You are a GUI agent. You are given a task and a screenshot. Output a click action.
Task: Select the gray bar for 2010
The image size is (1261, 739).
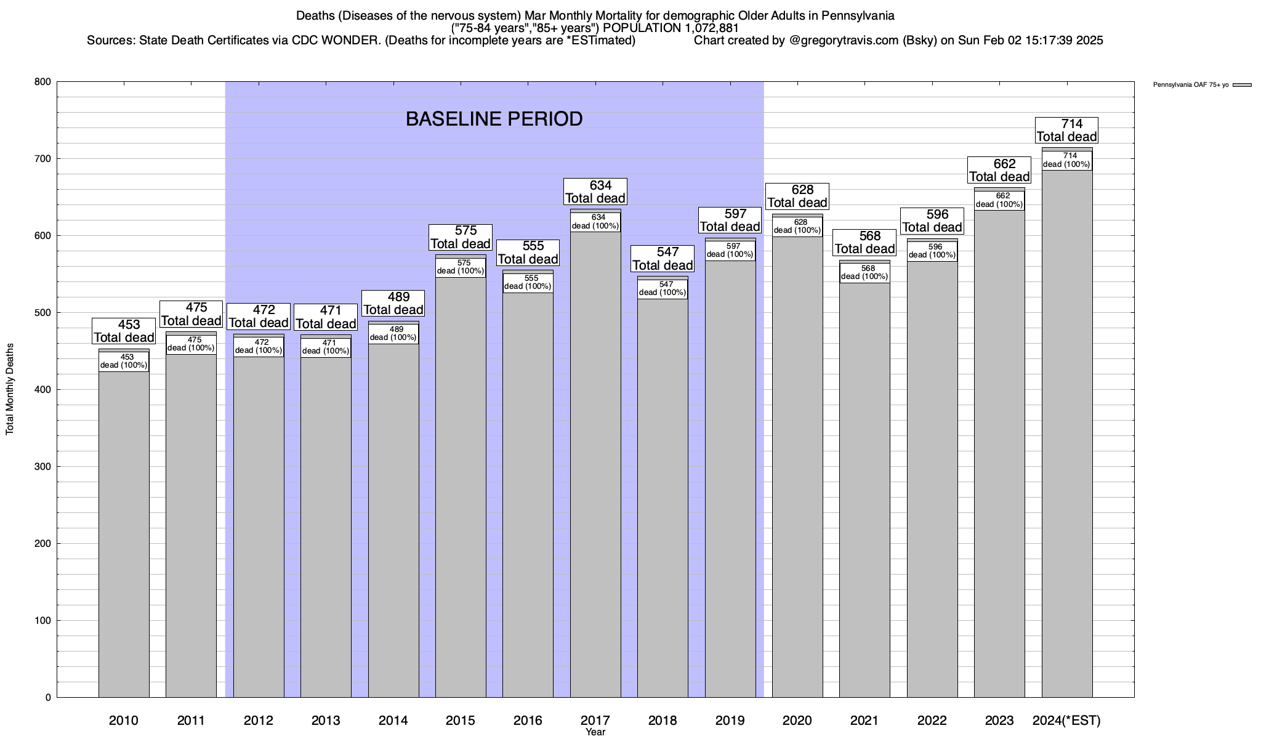[x=124, y=530]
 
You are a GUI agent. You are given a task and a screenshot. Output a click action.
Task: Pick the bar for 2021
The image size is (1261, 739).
[x=864, y=493]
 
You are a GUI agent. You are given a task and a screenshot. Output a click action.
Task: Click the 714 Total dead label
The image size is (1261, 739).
[x=1067, y=130]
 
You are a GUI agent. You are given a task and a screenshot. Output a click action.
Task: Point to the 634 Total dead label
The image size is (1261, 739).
[x=595, y=192]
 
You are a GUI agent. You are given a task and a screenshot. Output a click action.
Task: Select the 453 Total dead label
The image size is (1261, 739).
[x=124, y=331]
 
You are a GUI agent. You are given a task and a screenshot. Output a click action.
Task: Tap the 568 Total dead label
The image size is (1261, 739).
[x=864, y=242]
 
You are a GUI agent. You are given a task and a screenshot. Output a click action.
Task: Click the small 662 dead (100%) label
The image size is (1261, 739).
[x=999, y=200]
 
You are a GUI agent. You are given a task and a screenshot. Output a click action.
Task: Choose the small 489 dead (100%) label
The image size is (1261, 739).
[x=393, y=333]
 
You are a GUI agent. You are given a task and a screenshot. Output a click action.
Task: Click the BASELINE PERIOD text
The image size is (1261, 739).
[x=494, y=119]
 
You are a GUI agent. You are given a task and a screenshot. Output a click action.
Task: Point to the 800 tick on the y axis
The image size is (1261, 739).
[x=43, y=82]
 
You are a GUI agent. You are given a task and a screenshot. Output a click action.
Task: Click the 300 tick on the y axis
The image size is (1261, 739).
[x=43, y=467]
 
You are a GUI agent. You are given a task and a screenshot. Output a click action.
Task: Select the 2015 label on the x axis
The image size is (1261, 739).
[x=461, y=721]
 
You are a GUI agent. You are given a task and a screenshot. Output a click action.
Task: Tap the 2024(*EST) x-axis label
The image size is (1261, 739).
[x=1066, y=721]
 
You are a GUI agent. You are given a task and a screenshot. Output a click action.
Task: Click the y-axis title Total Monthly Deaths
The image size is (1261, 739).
[x=10, y=398]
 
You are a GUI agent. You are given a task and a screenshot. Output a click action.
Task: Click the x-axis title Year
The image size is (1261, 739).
[x=595, y=732]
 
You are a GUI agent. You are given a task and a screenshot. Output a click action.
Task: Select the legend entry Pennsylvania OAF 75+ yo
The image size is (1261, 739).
[x=1191, y=85]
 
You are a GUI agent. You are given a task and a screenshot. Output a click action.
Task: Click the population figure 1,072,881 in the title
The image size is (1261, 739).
[x=712, y=28]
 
